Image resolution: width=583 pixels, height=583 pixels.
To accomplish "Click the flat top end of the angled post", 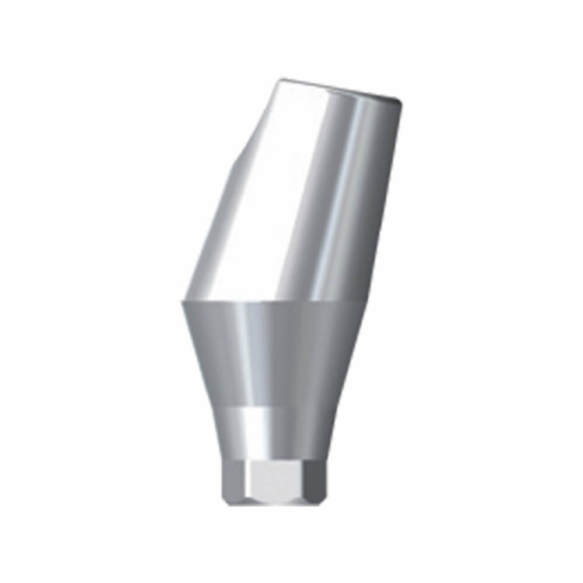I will click(x=338, y=88).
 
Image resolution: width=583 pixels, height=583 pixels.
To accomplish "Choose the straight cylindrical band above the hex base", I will click(x=274, y=432).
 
